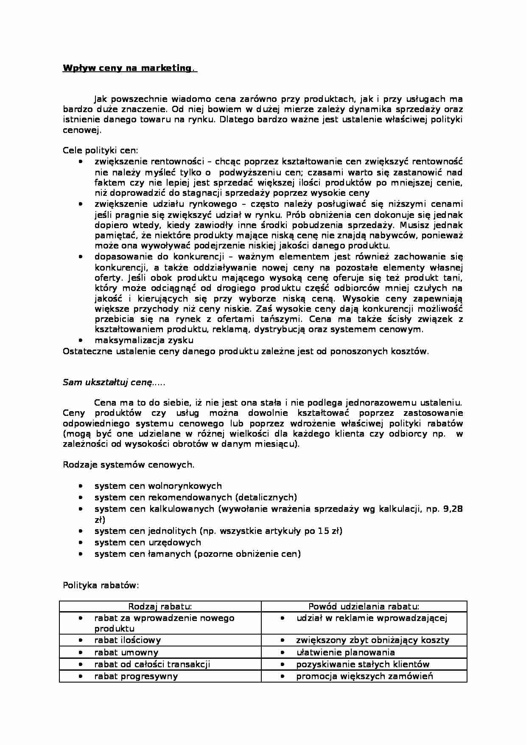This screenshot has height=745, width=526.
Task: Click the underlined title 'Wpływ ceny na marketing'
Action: [127, 68]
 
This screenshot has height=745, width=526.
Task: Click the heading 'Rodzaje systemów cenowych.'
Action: [129, 464]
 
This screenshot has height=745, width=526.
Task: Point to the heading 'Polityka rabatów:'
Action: [101, 585]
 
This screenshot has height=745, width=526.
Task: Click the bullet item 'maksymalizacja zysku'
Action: [144, 340]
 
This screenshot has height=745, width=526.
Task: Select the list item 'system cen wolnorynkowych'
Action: [158, 485]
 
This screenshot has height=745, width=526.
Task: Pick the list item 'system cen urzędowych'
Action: [148, 542]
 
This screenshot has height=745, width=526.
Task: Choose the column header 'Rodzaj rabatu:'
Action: [160, 607]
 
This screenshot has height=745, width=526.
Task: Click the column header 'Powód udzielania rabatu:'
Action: [364, 607]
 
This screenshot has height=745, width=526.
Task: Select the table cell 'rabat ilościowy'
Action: [127, 640]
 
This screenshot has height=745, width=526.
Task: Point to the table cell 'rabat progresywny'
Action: [136, 676]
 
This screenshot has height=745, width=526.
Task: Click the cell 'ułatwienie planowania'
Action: [345, 652]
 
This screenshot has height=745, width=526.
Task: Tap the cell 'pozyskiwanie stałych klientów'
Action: [363, 664]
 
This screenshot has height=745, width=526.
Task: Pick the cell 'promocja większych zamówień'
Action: [364, 676]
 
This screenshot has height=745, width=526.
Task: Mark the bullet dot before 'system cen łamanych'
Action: [81, 554]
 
